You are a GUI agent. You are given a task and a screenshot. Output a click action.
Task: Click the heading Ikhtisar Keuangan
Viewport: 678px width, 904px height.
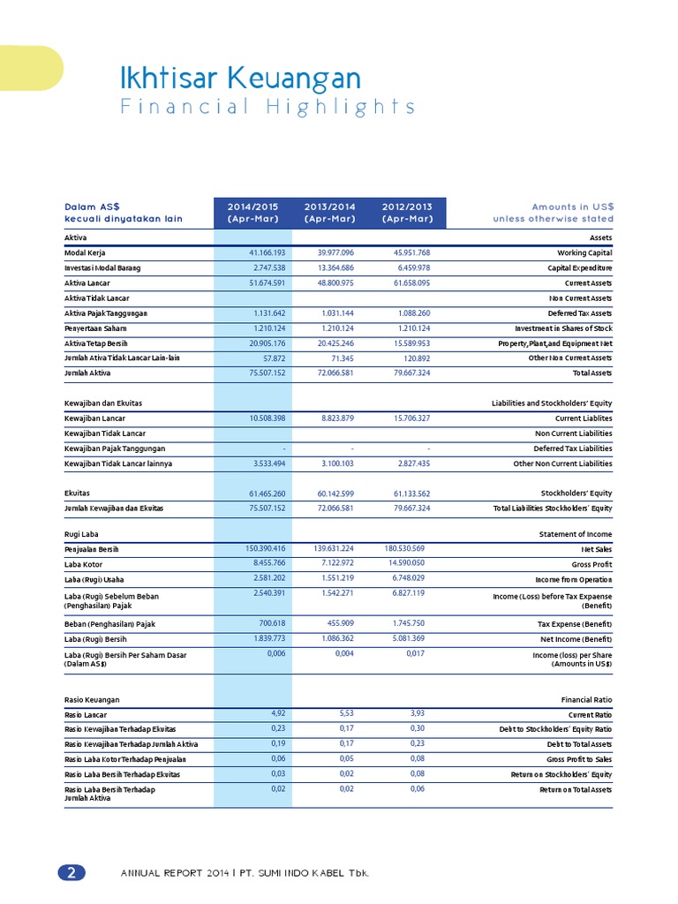[240, 79]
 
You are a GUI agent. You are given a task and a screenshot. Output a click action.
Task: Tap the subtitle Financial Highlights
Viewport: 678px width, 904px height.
[267, 107]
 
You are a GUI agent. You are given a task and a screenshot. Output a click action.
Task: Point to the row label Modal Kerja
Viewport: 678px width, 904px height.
[86, 252]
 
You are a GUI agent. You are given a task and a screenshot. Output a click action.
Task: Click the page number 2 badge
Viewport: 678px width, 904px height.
[72, 872]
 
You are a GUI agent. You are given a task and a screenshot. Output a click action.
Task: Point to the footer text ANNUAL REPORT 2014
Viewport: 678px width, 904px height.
[174, 873]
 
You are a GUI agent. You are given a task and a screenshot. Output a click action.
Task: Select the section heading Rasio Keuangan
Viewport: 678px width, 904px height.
[92, 699]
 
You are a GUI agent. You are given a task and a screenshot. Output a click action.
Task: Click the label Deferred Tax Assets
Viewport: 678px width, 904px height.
[579, 313]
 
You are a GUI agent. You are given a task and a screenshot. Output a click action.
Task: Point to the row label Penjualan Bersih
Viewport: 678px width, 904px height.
[92, 549]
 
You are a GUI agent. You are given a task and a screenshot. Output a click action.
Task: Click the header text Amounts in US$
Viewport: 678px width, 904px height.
[572, 207]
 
